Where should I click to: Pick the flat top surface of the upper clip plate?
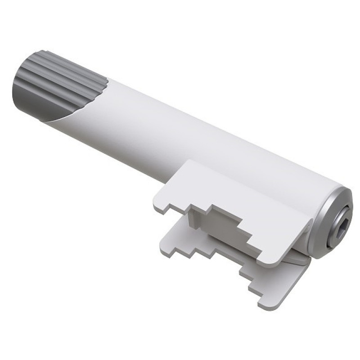234,193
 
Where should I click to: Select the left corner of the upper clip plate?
155,205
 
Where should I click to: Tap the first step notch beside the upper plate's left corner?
166,209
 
